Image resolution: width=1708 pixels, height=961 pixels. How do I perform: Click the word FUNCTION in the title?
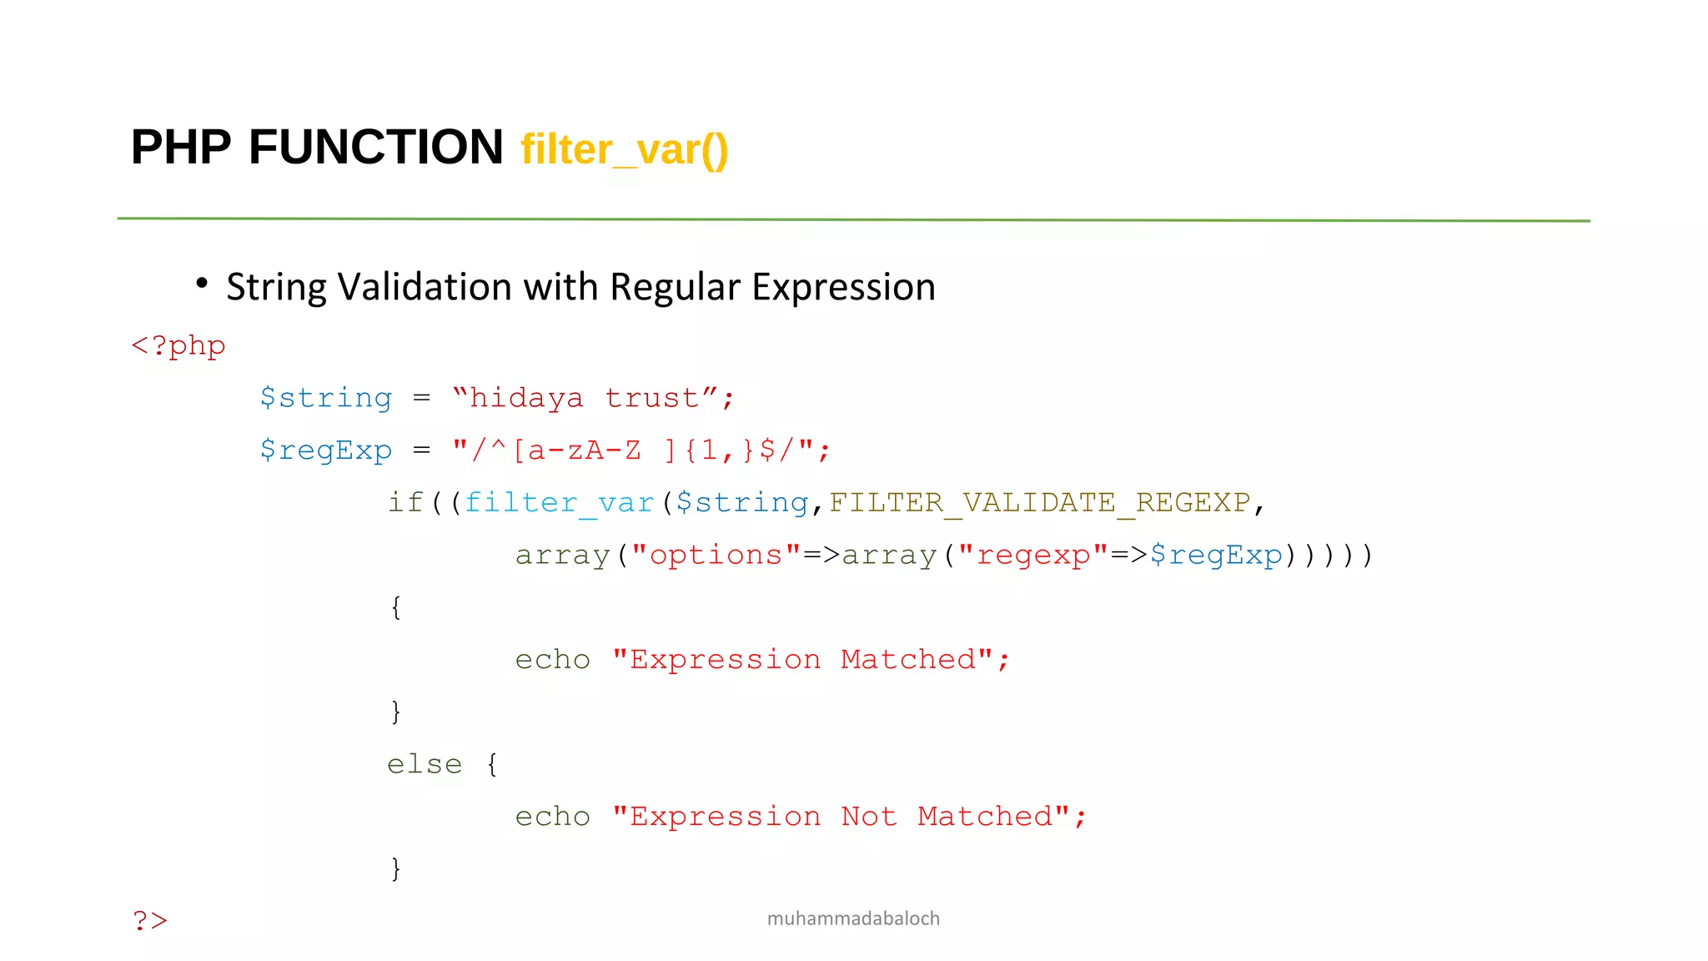pyautogui.click(x=375, y=148)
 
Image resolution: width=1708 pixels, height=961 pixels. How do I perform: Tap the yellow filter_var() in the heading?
pyautogui.click(x=624, y=150)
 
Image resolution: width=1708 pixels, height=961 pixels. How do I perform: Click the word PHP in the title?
pyautogui.click(x=181, y=148)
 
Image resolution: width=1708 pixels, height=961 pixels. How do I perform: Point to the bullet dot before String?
pyautogui.click(x=202, y=284)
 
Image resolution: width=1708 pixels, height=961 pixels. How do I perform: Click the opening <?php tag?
pyautogui.click(x=178, y=345)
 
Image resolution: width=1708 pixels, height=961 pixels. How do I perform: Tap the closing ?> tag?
pyautogui.click(x=150, y=921)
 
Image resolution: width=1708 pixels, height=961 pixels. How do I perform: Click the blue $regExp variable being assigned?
pyautogui.click(x=325, y=450)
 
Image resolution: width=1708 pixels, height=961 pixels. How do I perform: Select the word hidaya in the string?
pyautogui.click(x=526, y=398)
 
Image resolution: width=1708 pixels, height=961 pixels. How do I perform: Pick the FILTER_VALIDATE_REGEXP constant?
pyautogui.click(x=1039, y=502)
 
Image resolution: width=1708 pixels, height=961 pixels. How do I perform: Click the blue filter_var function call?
pyautogui.click(x=559, y=502)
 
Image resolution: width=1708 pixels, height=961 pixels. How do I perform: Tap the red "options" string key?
pyautogui.click(x=716, y=555)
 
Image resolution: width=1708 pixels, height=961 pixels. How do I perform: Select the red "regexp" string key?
pyautogui.click(x=1033, y=555)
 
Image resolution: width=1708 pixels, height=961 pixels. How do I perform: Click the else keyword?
pyautogui.click(x=424, y=764)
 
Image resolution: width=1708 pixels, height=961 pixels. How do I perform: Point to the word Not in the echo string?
pyautogui.click(x=868, y=816)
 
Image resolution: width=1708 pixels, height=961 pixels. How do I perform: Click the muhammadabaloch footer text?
pyautogui.click(x=853, y=918)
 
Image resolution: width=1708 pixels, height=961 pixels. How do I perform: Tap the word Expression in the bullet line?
pyautogui.click(x=843, y=287)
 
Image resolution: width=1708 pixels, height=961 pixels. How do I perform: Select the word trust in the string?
pyautogui.click(x=651, y=398)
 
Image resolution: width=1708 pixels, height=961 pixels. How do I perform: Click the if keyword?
pyautogui.click(x=405, y=502)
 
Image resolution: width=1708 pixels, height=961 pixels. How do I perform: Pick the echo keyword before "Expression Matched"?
pyautogui.click(x=552, y=660)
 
